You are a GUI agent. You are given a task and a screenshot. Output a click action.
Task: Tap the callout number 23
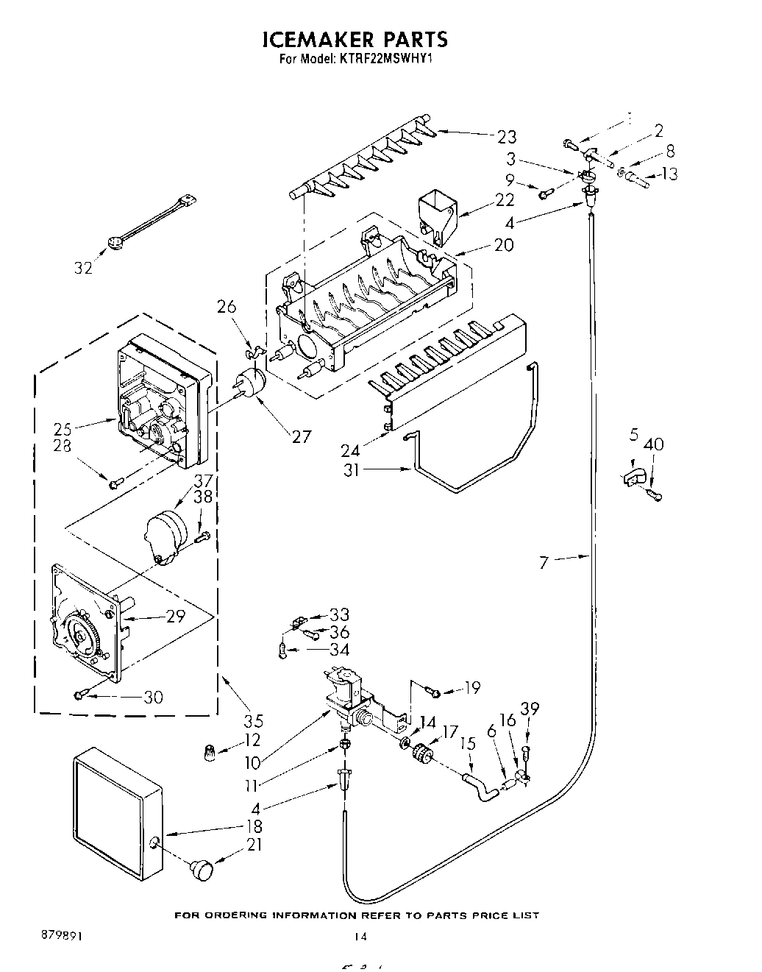[x=506, y=137]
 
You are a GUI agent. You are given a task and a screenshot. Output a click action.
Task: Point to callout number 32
[x=84, y=268]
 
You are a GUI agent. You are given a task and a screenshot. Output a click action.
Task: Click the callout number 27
[x=301, y=436]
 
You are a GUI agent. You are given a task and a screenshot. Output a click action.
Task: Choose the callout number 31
[x=352, y=469]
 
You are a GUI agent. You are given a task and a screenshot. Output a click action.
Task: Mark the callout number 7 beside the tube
[x=544, y=563]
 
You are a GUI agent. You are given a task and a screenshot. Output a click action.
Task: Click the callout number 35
[x=253, y=721]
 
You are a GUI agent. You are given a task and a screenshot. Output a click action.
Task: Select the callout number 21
[x=254, y=845]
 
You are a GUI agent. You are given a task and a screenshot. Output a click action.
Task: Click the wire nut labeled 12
[x=210, y=753]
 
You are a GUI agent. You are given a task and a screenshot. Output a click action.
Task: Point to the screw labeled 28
[x=115, y=484]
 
